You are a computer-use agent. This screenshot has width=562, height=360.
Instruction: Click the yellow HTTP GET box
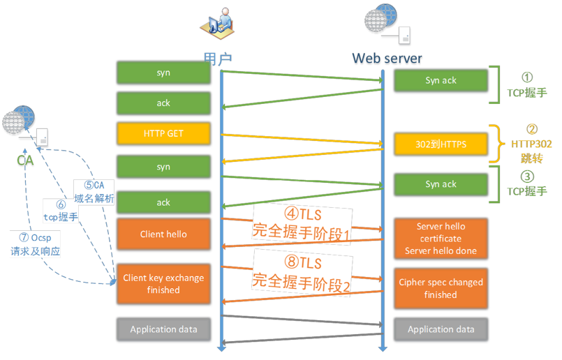(x=163, y=133)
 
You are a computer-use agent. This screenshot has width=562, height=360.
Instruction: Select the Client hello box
(x=163, y=234)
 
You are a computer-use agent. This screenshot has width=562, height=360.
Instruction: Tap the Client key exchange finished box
(x=163, y=284)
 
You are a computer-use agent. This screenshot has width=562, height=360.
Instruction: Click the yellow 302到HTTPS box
(x=441, y=144)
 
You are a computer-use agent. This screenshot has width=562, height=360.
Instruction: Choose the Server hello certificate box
(x=441, y=238)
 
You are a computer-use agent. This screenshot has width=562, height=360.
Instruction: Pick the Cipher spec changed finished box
(x=441, y=288)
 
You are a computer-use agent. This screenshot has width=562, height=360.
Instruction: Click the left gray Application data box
(x=163, y=329)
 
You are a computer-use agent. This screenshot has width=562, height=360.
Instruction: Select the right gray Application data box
(x=441, y=329)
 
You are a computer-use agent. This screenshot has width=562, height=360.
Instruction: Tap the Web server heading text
(x=387, y=58)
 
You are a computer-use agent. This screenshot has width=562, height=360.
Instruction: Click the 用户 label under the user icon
(x=218, y=59)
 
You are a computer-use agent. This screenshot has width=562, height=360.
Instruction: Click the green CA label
(x=25, y=160)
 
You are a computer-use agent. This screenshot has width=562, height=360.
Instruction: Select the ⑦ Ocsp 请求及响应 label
(x=35, y=244)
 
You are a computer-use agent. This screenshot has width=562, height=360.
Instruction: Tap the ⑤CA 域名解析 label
(x=94, y=192)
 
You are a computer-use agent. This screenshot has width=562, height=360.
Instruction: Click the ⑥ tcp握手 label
(x=61, y=211)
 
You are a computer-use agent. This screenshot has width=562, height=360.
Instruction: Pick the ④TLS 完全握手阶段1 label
(x=302, y=225)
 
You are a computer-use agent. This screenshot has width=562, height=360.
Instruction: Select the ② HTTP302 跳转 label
(x=531, y=144)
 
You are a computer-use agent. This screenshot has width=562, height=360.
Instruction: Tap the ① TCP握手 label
(x=527, y=85)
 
